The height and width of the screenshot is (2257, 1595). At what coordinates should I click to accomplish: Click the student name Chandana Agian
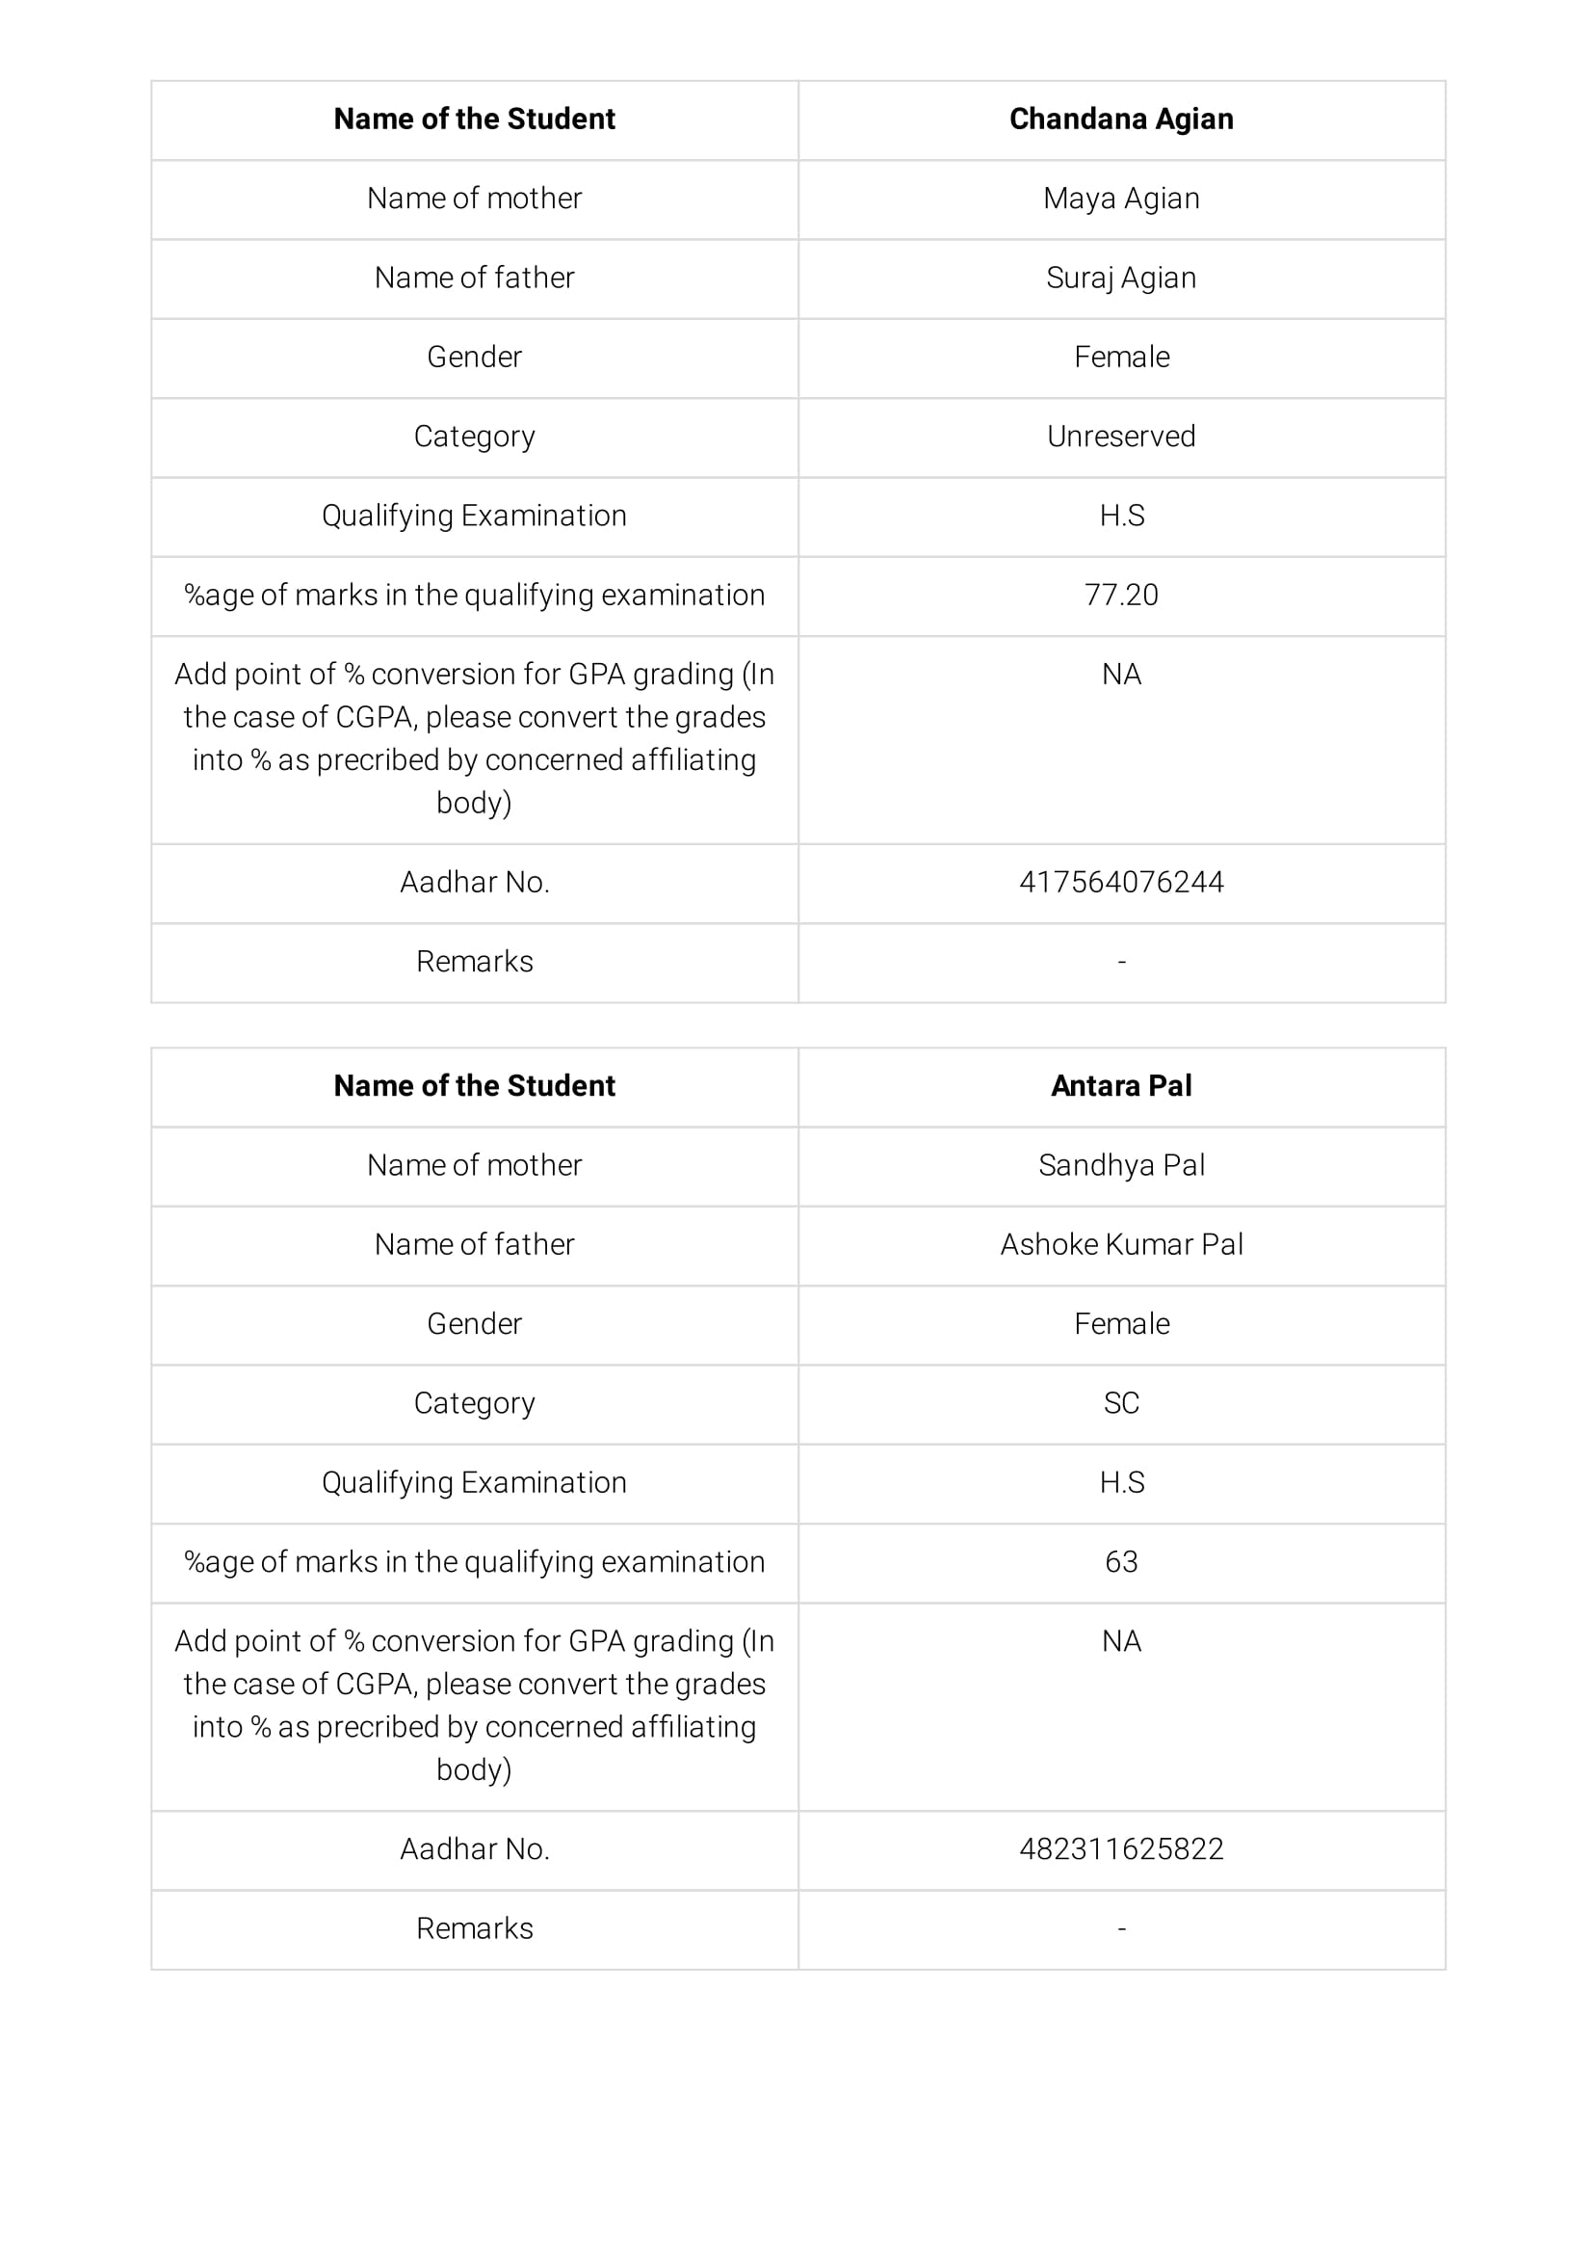click(x=1120, y=119)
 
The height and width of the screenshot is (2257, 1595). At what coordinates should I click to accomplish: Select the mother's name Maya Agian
click(x=1120, y=199)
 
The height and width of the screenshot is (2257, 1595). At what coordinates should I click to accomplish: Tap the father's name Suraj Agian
click(x=1120, y=279)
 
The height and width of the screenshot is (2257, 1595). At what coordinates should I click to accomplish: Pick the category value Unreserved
click(x=1120, y=437)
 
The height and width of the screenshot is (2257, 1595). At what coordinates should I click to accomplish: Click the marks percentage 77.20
click(x=1120, y=595)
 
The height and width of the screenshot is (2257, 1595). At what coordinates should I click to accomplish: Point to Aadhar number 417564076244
click(x=1120, y=882)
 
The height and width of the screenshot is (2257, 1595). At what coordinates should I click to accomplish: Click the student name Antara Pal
click(x=1120, y=1085)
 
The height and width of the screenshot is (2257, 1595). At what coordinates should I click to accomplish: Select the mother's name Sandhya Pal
click(x=1120, y=1165)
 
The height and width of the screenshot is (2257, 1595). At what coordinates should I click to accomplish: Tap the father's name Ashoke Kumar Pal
click(x=1120, y=1244)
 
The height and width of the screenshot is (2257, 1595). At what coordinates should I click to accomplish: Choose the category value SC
click(x=1120, y=1403)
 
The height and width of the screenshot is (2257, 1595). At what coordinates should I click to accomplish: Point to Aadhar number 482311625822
click(x=1120, y=1849)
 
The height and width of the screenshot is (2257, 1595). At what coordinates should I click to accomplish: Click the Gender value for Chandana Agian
click(x=1120, y=357)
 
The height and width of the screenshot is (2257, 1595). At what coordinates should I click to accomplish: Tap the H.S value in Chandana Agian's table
click(x=1120, y=517)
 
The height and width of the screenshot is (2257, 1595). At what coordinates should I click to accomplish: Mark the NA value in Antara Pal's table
click(x=1120, y=1640)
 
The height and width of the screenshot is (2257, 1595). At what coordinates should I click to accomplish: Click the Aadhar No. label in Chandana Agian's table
click(x=474, y=882)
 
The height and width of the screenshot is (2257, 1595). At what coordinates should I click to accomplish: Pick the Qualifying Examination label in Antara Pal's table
click(x=474, y=1482)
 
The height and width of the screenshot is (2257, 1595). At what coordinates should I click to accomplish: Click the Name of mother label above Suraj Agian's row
click(x=474, y=199)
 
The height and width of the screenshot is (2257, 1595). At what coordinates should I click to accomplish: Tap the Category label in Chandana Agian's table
click(x=474, y=437)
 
